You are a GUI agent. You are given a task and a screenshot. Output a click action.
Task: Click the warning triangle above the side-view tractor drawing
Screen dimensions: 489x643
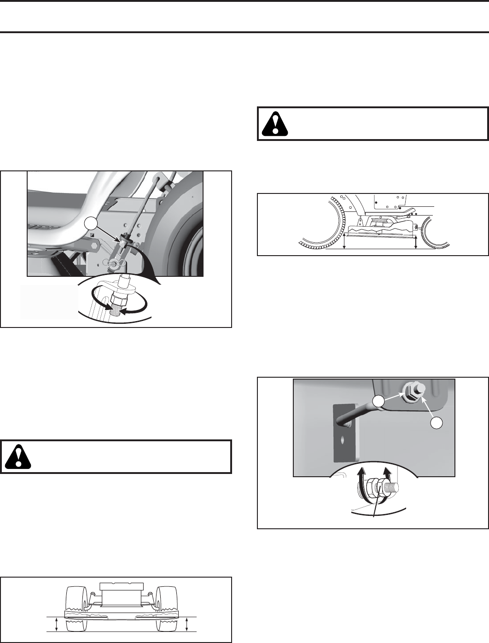pyautogui.click(x=275, y=123)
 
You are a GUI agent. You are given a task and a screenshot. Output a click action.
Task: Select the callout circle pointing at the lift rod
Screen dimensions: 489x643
pyautogui.click(x=91, y=224)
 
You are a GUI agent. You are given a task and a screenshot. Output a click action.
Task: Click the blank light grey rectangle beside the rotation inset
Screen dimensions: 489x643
pyautogui.click(x=49, y=302)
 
